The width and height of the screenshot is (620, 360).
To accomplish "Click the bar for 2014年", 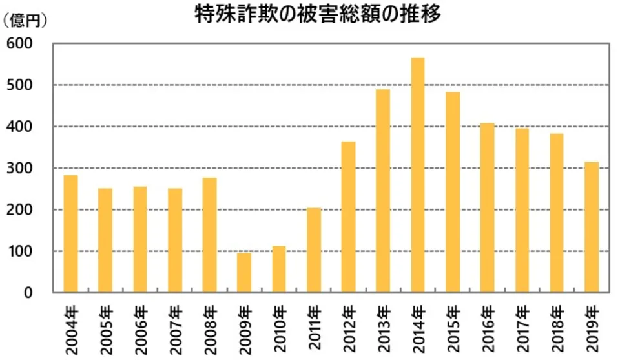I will point(418,175).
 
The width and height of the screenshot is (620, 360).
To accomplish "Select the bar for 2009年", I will point(243,273).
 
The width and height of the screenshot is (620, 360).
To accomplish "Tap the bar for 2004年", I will point(70,233).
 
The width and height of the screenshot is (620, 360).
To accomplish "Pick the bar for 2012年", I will point(349,217).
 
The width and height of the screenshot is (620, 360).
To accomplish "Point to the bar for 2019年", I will point(592,227).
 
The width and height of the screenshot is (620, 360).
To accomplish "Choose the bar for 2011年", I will point(314,250).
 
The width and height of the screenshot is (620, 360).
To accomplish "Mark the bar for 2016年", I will point(488,207).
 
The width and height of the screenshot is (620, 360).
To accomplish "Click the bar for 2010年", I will point(278,269).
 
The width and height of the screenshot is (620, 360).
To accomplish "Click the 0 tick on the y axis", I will point(28,293).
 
